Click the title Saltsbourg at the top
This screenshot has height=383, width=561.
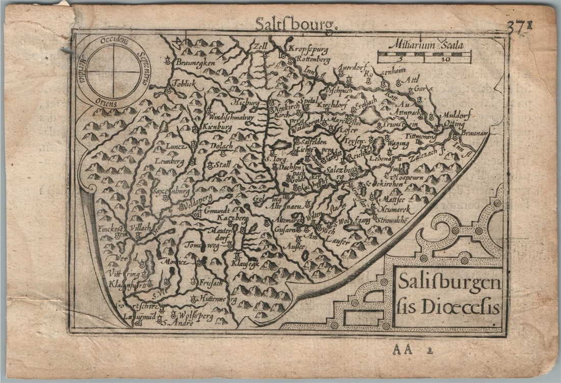pyautogui.click(x=295, y=24)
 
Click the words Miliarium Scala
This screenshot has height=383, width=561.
pyautogui.click(x=426, y=45)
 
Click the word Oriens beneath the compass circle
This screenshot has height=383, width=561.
pyautogui.click(x=106, y=103)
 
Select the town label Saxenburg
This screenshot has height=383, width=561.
pyautogui.click(x=171, y=191)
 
